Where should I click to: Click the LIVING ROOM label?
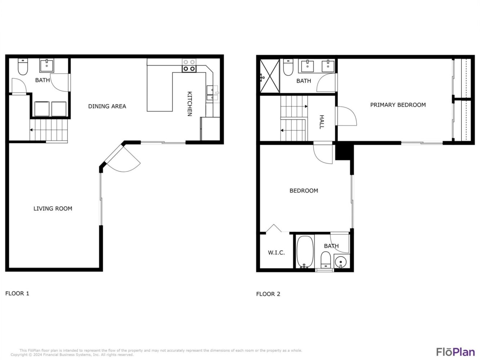coord(53,208)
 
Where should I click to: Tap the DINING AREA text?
coord(107,106)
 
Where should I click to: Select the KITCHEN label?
coord(190,104)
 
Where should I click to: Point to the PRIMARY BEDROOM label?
coord(398,105)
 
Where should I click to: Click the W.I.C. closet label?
coord(276,253)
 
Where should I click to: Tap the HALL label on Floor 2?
coord(322,122)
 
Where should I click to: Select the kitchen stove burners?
coord(189,66)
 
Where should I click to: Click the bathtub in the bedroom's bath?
coord(305,252)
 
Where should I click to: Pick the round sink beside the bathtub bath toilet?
coord(341,262)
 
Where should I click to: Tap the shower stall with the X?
coord(270,76)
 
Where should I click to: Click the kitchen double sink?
coord(212,93)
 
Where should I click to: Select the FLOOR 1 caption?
coord(17,293)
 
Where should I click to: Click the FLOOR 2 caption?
coord(268,294)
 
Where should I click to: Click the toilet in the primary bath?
coord(288,67)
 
